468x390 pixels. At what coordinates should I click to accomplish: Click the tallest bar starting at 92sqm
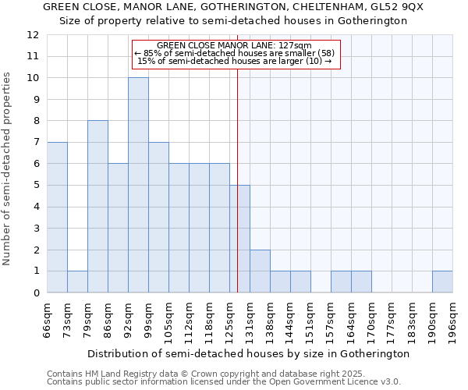coord(138,185)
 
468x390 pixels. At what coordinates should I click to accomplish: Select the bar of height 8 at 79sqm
coord(97,207)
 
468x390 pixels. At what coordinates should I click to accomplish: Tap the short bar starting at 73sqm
coord(77,282)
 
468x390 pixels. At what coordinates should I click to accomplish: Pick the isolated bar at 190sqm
coord(442,282)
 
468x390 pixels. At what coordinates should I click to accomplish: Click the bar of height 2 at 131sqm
coord(260,271)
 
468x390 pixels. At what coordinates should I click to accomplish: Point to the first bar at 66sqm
coord(57,217)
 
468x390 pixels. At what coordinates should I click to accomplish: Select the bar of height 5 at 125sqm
coord(239,239)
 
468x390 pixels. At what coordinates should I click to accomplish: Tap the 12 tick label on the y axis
coord(32,35)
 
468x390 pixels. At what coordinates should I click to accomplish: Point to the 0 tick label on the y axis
coord(36,292)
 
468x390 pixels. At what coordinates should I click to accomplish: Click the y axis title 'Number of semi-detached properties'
coord(8,168)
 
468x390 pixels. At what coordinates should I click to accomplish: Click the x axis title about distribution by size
coord(248,353)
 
